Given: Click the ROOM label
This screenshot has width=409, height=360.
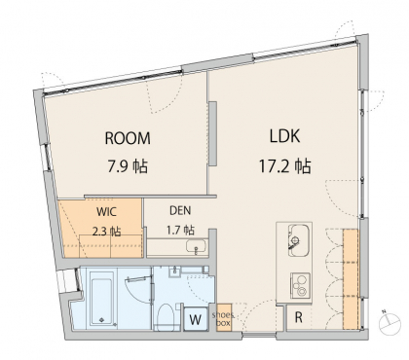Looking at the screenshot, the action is [x=128, y=138].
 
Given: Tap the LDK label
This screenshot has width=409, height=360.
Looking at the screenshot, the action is [x=284, y=136].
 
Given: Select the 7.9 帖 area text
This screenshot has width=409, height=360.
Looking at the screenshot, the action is [x=128, y=166].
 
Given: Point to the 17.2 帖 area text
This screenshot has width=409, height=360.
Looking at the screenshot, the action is [x=284, y=166].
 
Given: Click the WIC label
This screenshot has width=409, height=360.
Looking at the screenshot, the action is [x=106, y=212].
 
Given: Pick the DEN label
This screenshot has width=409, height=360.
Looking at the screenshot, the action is [x=180, y=210].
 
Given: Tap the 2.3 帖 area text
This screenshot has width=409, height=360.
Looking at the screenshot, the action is [x=107, y=232].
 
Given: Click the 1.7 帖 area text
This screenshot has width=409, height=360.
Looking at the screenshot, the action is [x=180, y=230].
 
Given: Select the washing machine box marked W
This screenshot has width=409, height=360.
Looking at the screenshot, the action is [x=196, y=319].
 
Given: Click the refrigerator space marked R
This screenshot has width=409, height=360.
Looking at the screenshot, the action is [x=298, y=317].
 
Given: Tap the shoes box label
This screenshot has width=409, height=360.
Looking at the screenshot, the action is [x=223, y=319].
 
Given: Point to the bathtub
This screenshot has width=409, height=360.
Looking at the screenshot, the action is [x=102, y=302].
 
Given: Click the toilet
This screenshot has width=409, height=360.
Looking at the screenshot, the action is [x=166, y=318].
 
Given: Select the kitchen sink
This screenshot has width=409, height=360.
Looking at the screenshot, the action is [x=298, y=240].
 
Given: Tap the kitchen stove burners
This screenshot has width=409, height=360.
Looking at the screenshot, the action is [x=300, y=285].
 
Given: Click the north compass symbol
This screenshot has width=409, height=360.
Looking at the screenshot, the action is [x=390, y=323].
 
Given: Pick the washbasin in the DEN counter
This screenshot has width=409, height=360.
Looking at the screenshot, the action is [x=197, y=246].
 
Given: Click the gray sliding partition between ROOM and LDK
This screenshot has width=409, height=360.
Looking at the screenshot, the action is [x=213, y=133].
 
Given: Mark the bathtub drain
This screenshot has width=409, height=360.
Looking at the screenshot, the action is [x=101, y=319].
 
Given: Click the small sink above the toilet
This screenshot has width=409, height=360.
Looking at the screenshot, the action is [x=174, y=271].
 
